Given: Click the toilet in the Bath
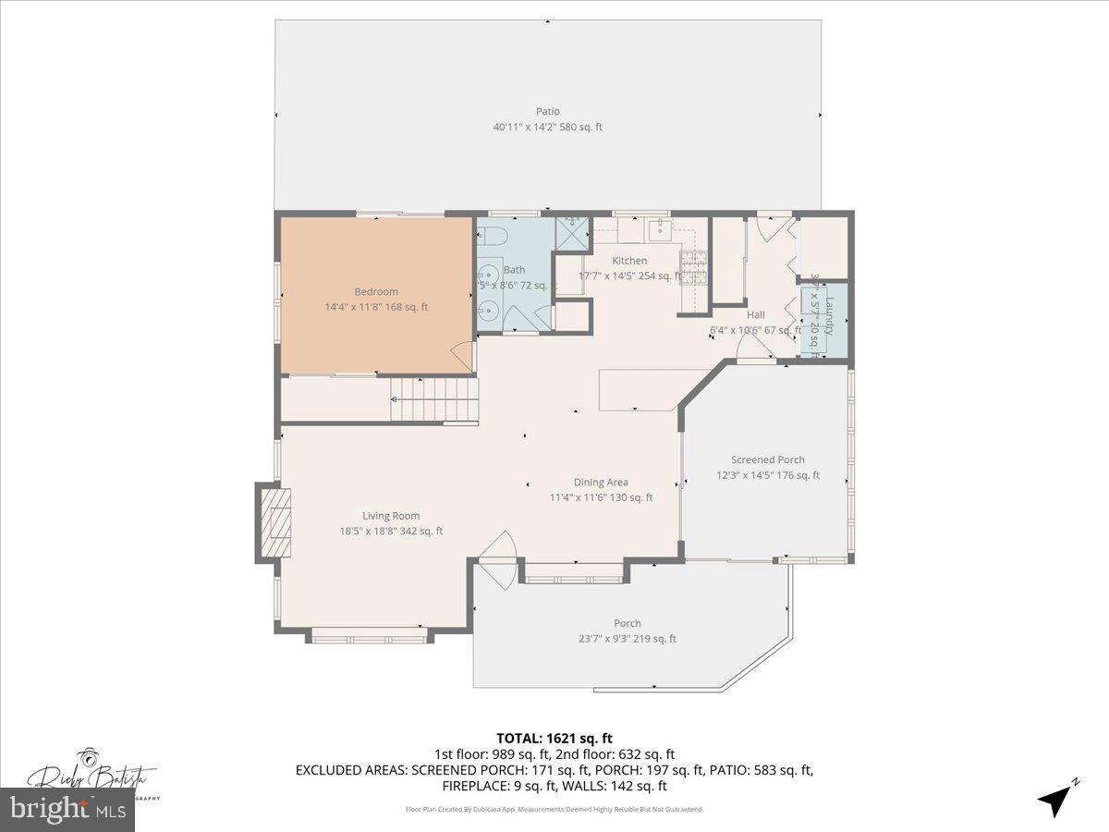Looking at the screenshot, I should pos(491,236).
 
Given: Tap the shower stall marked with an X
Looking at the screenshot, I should pos(572,232).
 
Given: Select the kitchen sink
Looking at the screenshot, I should pos(660,227).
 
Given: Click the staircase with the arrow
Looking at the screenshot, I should pos(434,400).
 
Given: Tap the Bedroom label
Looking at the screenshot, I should pos(376,292).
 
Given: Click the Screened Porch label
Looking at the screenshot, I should pos(767,459).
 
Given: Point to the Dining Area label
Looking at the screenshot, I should pos(601,482).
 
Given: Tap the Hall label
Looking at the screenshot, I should pos(755,314).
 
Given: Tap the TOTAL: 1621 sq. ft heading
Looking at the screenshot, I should pos(554,738).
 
